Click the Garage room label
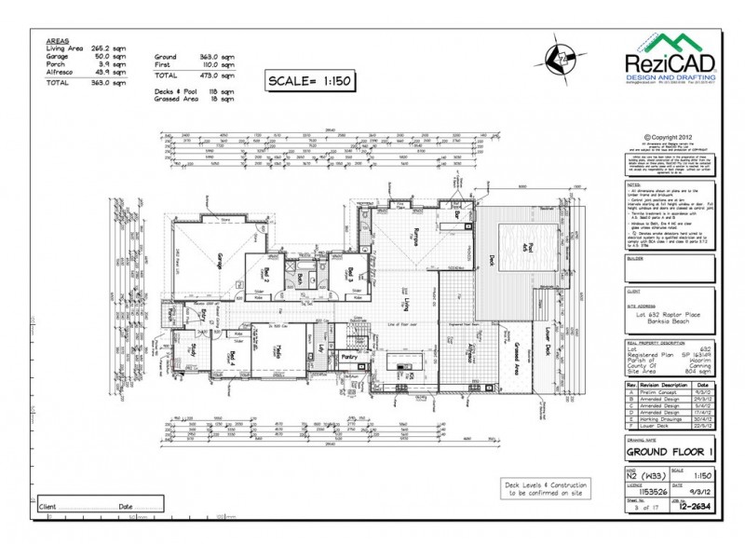(x=220, y=261)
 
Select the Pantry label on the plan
(x=351, y=356)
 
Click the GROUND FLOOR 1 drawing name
(x=670, y=453)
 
